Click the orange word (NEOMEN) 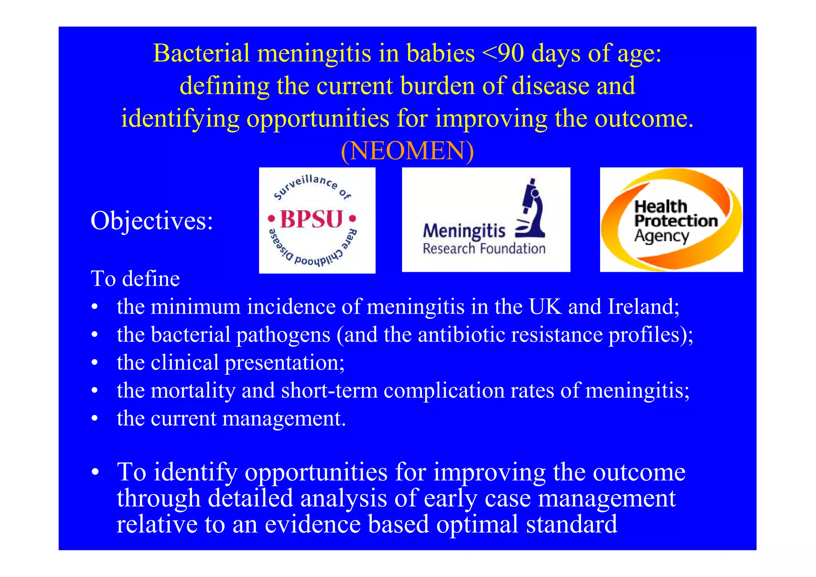pos(407,151)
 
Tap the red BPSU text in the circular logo pos(312,219)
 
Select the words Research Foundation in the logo pos(484,249)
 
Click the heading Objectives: pos(152,221)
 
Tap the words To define pos(135,279)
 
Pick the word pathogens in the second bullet pos(283,335)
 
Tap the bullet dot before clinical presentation pos(94,363)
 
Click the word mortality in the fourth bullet pos(193,391)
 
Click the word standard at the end pos(571,524)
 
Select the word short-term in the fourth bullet pos(329,391)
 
